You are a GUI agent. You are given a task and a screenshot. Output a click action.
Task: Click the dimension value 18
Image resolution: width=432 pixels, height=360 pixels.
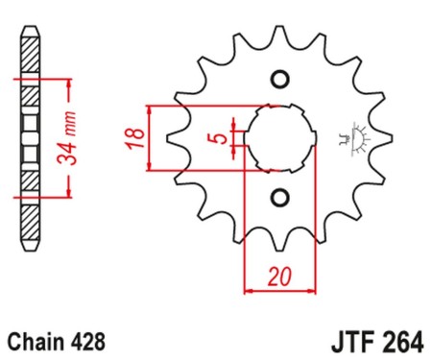pos(137,137)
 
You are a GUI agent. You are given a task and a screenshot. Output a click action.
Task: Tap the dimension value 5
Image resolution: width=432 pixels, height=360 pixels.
pos(221,138)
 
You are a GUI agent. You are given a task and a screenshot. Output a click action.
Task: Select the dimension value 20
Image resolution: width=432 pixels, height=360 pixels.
pos(279,276)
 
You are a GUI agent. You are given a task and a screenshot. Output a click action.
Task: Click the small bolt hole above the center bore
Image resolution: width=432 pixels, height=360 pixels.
pos(280,78)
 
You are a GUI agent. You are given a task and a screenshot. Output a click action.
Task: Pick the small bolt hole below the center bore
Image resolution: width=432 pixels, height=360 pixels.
pos(280,199)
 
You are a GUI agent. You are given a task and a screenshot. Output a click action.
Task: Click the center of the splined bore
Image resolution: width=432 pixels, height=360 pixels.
pos(280,138)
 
